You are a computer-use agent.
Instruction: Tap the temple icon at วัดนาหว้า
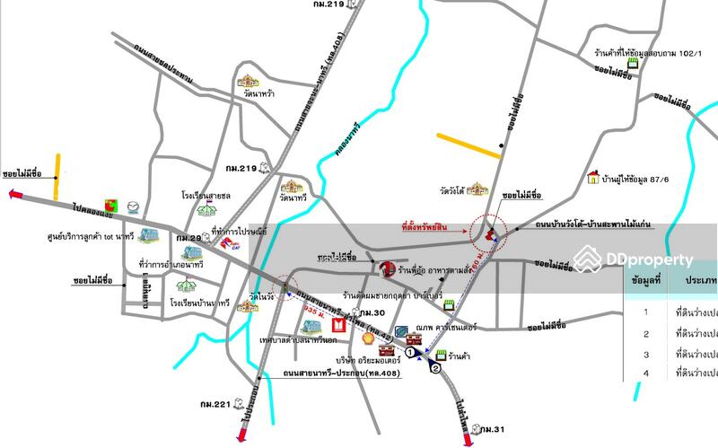(249, 83)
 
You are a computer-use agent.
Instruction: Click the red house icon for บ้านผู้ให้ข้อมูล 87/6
(592, 178)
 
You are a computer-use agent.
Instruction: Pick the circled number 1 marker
(410, 354)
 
